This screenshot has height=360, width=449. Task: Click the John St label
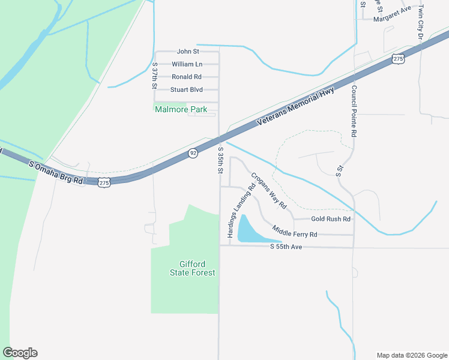(188, 52)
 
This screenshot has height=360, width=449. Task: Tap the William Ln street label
(187, 64)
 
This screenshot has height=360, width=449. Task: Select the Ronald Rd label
(186, 77)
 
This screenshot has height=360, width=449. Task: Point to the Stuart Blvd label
(186, 90)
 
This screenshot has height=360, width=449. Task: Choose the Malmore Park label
(181, 110)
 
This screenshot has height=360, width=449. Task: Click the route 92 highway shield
(192, 154)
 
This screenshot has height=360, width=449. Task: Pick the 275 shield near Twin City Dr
(397, 58)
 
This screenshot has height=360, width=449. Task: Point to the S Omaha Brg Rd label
(55, 172)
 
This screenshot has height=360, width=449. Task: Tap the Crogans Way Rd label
(268, 191)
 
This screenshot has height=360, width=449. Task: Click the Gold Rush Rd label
(330, 219)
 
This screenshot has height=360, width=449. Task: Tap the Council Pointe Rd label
(354, 112)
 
